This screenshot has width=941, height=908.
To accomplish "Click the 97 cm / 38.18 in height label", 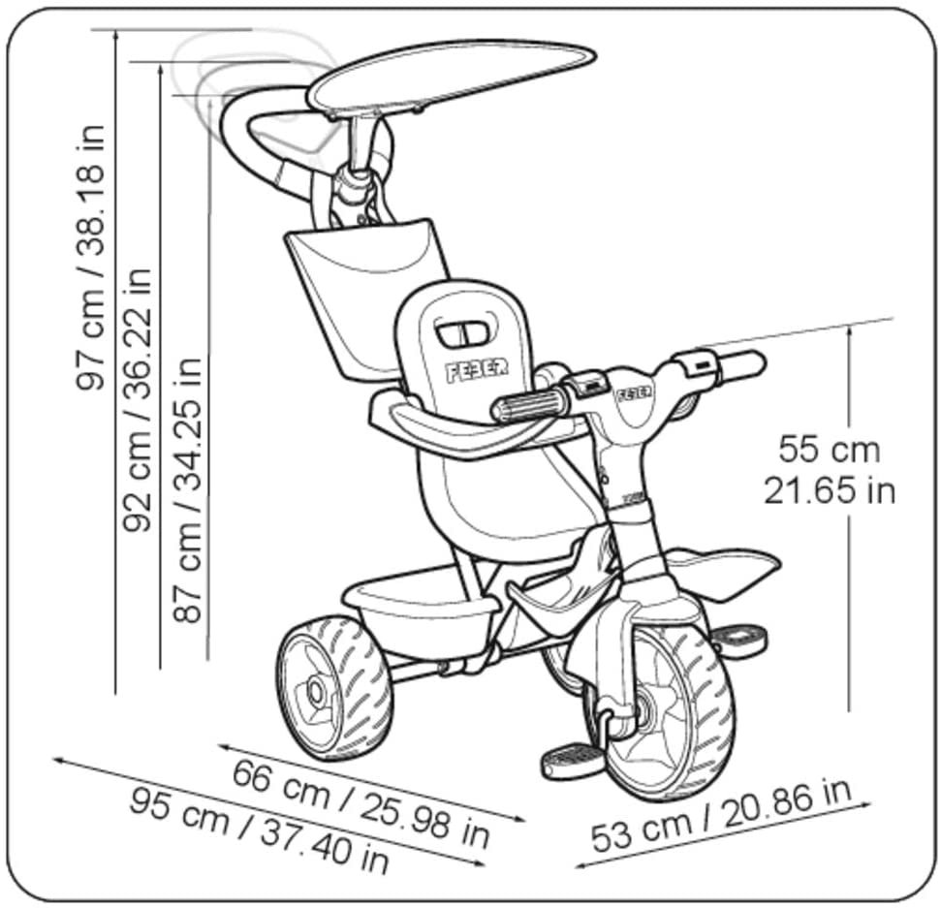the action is coord(91,259).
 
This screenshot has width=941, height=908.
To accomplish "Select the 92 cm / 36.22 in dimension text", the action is coord(138,399).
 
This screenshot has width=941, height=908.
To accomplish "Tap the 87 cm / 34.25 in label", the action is coord(187,489).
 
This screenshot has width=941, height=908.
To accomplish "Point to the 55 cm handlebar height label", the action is coord(830,449).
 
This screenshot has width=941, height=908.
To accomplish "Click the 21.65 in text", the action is coord(830,491).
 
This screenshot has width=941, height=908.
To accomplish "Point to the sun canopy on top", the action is coord(452,76).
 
